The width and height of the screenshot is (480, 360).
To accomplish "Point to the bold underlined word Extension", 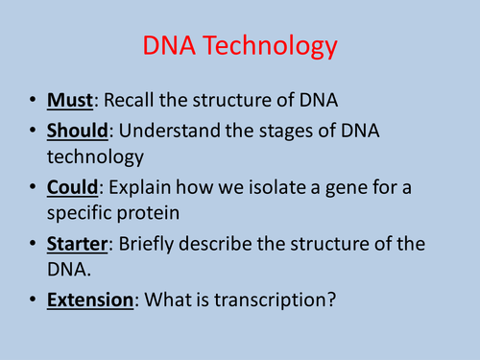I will point(89,301).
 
